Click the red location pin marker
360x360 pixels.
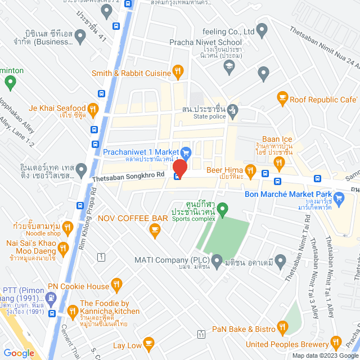(x=180, y=168)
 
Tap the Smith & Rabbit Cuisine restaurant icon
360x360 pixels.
(x=178, y=71)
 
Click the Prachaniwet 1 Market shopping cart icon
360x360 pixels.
(x=187, y=152)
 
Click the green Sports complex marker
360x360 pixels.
(x=223, y=210)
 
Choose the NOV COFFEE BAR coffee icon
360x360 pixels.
(x=154, y=229)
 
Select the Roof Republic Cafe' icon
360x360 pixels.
(x=282, y=99)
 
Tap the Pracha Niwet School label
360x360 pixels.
(x=206, y=42)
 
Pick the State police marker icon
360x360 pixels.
(x=232, y=111)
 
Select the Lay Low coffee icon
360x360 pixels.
(x=148, y=343)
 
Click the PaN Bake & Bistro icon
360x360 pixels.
(x=282, y=328)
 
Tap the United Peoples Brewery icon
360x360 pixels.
(x=336, y=341)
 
